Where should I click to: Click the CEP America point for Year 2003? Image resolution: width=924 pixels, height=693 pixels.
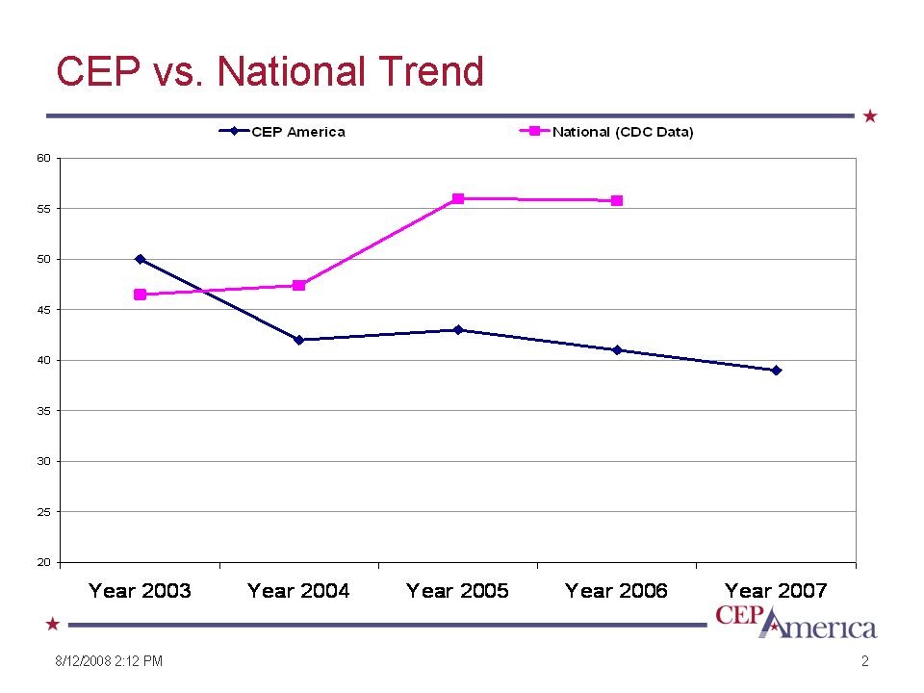141,259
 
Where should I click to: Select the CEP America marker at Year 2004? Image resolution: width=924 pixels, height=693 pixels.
299,340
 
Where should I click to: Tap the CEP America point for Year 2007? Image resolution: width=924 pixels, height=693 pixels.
776,371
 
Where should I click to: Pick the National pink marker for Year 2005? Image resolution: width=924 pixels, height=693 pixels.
458,198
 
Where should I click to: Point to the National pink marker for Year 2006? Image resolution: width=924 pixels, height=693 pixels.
617,201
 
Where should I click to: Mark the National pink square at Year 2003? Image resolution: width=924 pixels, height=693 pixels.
141,295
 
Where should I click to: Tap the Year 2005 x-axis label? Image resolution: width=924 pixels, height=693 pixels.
457,591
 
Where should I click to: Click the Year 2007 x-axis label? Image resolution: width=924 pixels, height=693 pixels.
776,591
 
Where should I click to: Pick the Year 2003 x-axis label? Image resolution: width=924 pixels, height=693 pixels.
140,591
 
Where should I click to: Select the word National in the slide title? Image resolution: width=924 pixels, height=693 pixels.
291,72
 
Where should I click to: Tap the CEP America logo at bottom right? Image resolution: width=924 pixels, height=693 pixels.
796,622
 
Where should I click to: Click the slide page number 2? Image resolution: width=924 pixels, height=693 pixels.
865,661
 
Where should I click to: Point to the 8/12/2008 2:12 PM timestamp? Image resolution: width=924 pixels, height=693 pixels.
107,661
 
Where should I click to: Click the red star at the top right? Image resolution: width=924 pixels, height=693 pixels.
870,116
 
